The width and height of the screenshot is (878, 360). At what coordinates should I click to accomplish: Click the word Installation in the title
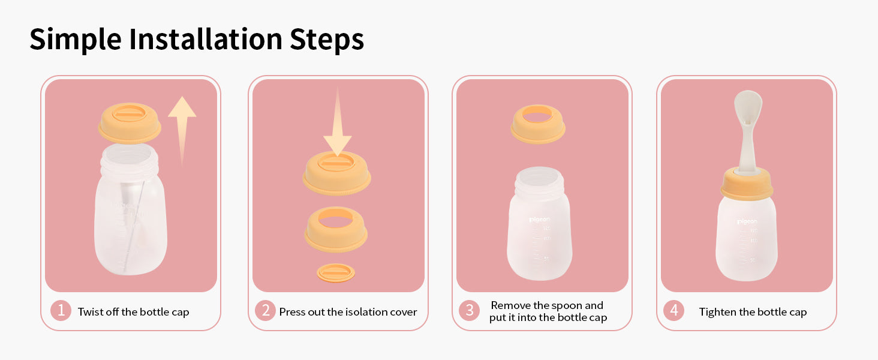pyautogui.click(x=205, y=39)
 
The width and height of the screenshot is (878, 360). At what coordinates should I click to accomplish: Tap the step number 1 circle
pyautogui.click(x=61, y=311)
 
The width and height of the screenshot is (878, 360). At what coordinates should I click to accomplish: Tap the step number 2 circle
pyautogui.click(x=265, y=311)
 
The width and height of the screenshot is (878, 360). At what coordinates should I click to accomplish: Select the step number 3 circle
pyautogui.click(x=469, y=311)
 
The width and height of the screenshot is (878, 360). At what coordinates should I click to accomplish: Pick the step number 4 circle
pyautogui.click(x=673, y=311)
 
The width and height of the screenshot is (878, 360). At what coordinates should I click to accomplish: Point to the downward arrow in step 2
pyautogui.click(x=338, y=122)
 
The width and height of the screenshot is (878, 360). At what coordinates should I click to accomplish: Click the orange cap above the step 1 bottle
pyautogui.click(x=130, y=123)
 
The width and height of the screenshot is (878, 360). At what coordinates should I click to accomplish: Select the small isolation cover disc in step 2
pyautogui.click(x=336, y=273)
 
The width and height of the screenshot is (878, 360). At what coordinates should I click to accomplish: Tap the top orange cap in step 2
pyautogui.click(x=336, y=173)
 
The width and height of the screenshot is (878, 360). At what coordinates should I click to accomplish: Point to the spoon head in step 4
pyautogui.click(x=748, y=108)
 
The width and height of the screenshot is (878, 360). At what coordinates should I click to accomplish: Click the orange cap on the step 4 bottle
pyautogui.click(x=747, y=184)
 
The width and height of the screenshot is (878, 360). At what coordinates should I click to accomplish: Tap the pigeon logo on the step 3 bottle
pyautogui.click(x=539, y=220)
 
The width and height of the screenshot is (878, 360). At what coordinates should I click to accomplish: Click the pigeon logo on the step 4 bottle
pyautogui.click(x=747, y=221)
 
